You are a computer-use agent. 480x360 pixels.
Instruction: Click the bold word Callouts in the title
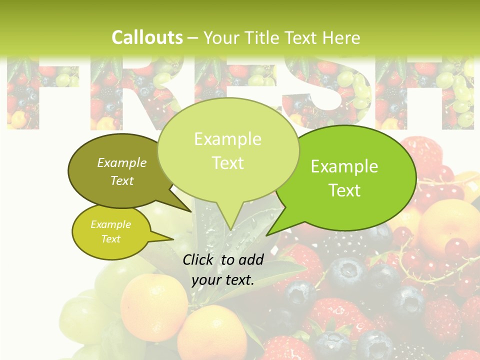pos(147,37)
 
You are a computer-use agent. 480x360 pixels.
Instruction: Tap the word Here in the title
pos(341,37)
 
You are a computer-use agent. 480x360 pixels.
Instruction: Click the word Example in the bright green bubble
pos(344,166)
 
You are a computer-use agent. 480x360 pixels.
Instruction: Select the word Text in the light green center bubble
pos(227,163)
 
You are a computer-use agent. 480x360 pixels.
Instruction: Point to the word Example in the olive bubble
pos(122,162)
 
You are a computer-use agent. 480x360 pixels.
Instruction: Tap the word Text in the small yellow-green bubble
pos(110,239)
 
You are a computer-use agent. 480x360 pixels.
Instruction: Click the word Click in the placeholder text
pos(199,259)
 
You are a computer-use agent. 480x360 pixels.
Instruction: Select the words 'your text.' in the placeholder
pos(223,280)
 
